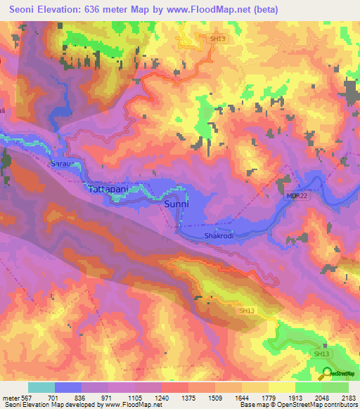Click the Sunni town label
click(x=176, y=204)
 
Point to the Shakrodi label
click(x=218, y=236)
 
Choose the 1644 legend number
click(x=241, y=396)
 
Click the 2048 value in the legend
click(x=320, y=396)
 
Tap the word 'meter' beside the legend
click(x=12, y=396)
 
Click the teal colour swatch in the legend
click(x=41, y=387)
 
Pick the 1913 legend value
click(x=294, y=396)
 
